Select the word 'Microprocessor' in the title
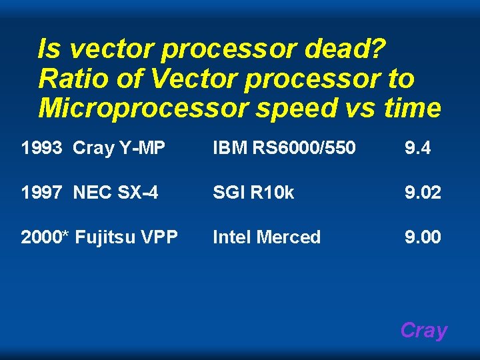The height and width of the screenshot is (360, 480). (x=141, y=108)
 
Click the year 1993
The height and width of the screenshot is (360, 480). (x=42, y=148)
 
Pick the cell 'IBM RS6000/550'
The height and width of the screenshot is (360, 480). (x=283, y=148)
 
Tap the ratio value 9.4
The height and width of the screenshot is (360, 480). (x=417, y=148)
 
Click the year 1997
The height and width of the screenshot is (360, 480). (x=42, y=193)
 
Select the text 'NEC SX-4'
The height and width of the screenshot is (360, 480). (x=115, y=193)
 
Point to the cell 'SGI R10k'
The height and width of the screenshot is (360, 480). (x=253, y=193)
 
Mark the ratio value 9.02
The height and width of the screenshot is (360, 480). (x=423, y=193)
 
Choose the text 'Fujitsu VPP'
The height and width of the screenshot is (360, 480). (x=127, y=237)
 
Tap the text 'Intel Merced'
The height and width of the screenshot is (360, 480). (x=267, y=237)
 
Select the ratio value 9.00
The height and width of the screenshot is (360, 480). (x=423, y=237)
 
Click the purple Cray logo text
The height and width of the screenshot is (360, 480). (x=423, y=331)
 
